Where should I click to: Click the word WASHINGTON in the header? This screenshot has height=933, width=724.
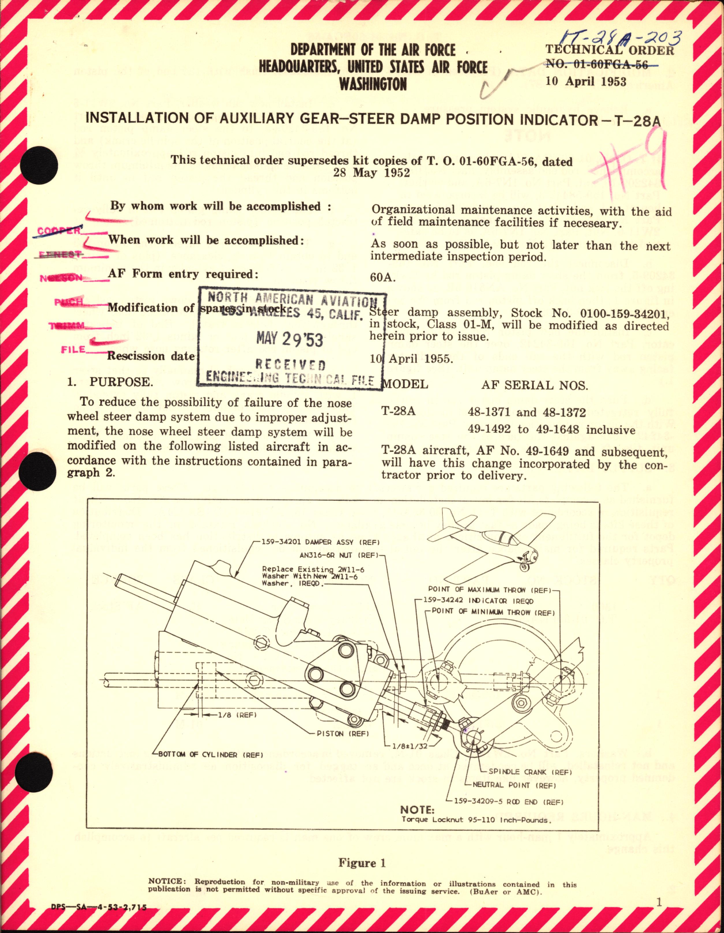[x=372, y=84]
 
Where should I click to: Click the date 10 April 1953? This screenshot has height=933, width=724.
[x=586, y=81]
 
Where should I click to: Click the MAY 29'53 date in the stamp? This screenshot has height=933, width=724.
[x=289, y=339]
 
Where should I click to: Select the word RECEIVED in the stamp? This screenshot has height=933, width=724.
[x=291, y=365]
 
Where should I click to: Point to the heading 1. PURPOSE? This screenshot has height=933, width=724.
[x=110, y=382]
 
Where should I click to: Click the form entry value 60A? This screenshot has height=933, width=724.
[x=383, y=278]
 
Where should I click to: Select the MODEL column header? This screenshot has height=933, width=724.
[x=405, y=384]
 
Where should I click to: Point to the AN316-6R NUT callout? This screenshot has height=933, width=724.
[x=338, y=556]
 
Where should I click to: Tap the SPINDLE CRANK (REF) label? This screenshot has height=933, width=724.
[x=530, y=772]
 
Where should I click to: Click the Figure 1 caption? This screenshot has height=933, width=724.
[x=361, y=863]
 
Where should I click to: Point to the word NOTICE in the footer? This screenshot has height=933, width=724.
[x=167, y=882]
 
